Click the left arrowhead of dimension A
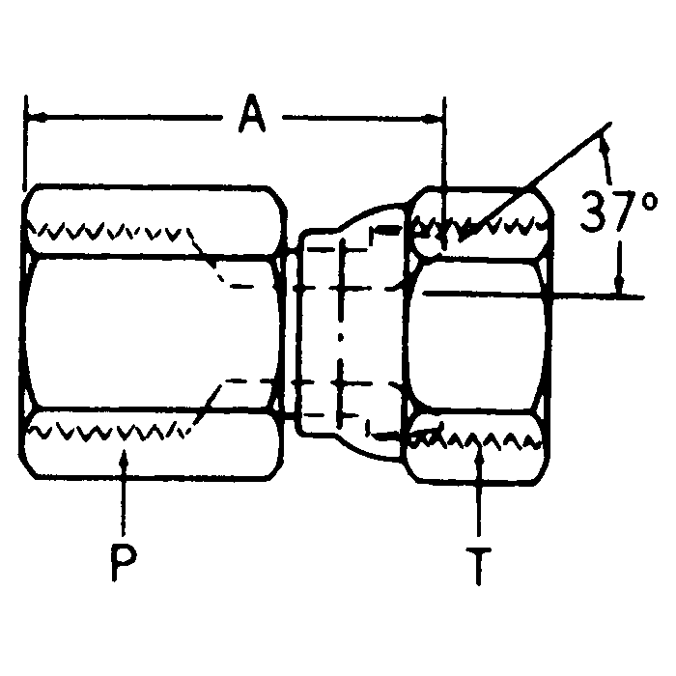(35, 118)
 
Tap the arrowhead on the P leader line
(123, 458)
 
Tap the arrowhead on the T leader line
(480, 458)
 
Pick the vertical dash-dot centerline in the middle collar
(340, 333)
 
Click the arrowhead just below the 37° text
(620, 285)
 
